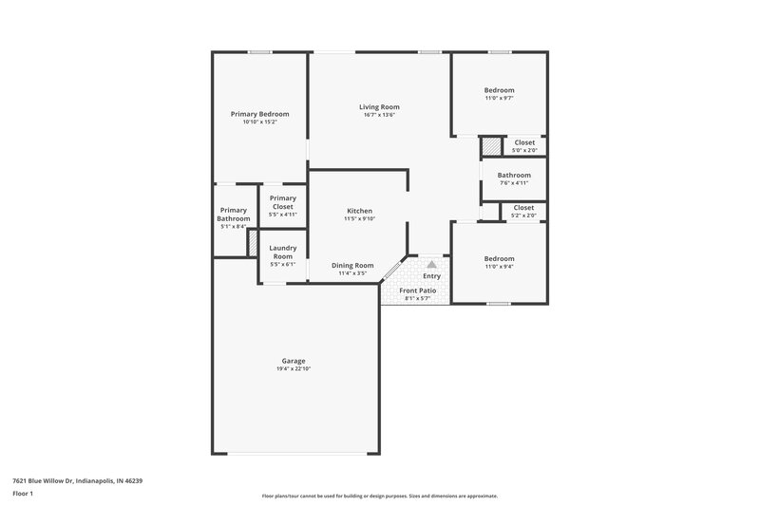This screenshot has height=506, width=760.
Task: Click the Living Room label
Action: [378, 106]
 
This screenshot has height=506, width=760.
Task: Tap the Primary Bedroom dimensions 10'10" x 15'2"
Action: [259, 122]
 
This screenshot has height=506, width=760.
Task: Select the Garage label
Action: [293, 360]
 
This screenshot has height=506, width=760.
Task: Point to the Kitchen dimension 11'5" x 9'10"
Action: [359, 218]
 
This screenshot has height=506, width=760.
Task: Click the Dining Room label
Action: [351, 265]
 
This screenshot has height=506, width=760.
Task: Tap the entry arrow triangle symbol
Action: [431, 265]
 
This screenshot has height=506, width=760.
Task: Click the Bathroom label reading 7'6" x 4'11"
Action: [514, 175]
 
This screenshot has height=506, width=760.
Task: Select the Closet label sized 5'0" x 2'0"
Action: [524, 142]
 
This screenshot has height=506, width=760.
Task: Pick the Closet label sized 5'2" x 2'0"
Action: [523, 207]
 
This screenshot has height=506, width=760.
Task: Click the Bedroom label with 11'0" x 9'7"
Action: [499, 90]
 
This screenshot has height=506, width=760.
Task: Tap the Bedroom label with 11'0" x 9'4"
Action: [499, 258]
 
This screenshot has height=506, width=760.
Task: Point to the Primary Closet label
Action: [283, 201]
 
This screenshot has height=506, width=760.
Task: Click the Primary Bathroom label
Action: [234, 214]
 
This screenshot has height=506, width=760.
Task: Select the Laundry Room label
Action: [283, 252]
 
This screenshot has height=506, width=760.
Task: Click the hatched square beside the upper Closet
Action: [491, 146]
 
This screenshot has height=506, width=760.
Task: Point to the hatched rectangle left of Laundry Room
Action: [253, 242]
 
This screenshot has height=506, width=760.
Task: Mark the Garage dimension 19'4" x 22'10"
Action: [293, 368]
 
